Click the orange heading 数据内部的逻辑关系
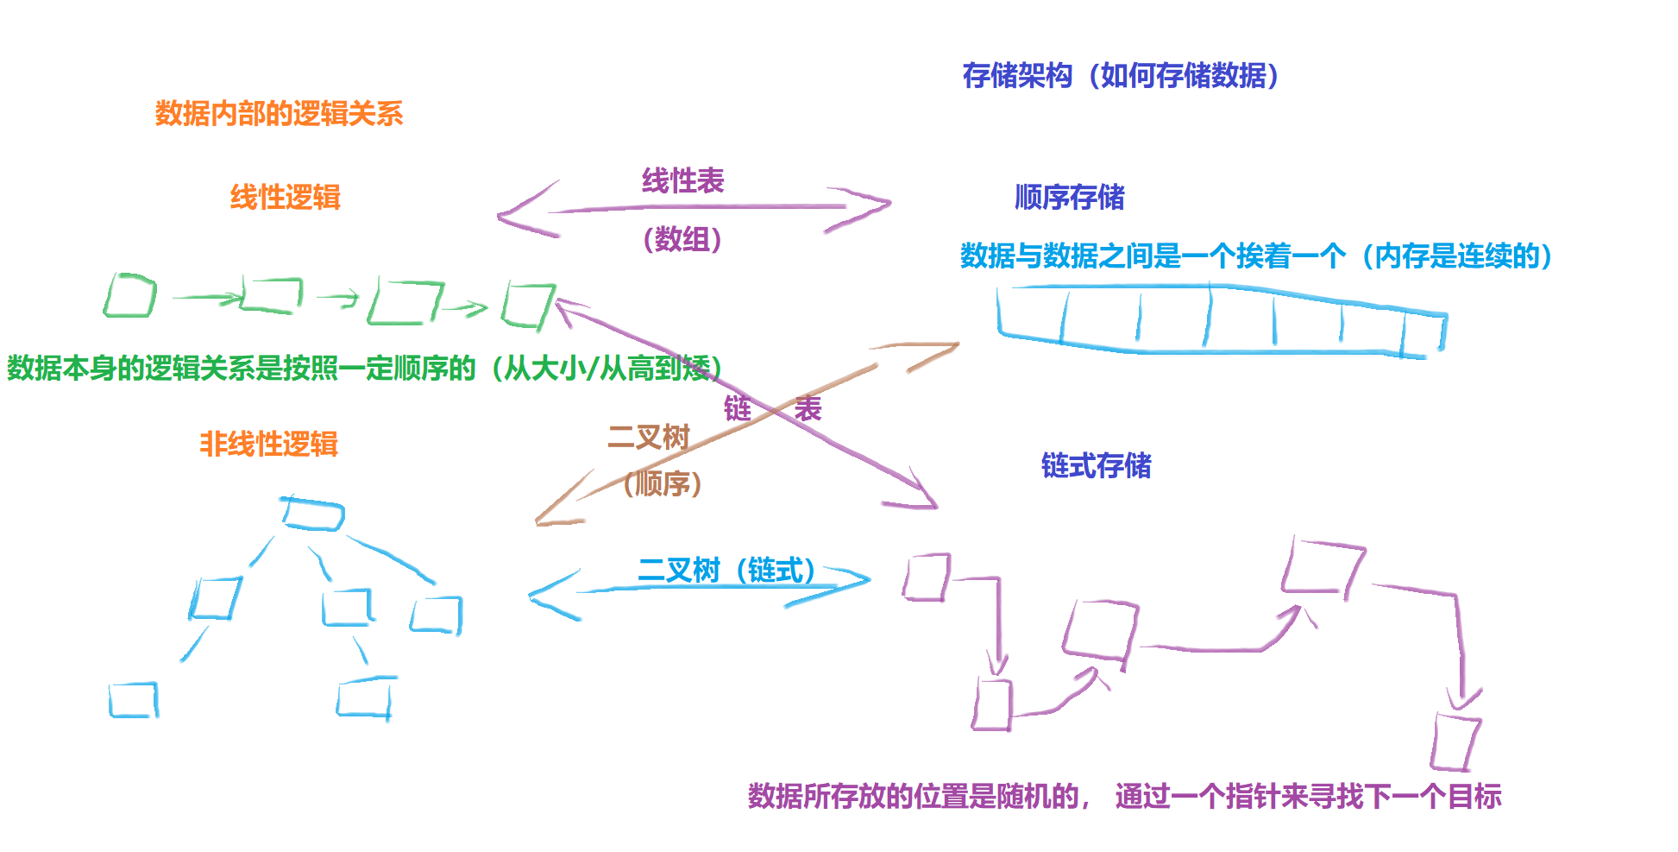(279, 113)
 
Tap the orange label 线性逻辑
(285, 198)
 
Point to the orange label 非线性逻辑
(268, 445)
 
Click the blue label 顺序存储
(1069, 198)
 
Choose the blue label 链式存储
(1096, 466)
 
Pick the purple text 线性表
(682, 181)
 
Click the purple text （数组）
(682, 239)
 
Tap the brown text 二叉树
(649, 438)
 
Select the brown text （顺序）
(662, 483)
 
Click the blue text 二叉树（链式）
(726, 571)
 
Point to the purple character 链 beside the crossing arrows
(738, 408)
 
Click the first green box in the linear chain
(130, 296)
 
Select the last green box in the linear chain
(527, 304)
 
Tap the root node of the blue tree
(312, 514)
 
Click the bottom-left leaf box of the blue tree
(134, 700)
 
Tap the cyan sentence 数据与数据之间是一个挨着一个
(1153, 256)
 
